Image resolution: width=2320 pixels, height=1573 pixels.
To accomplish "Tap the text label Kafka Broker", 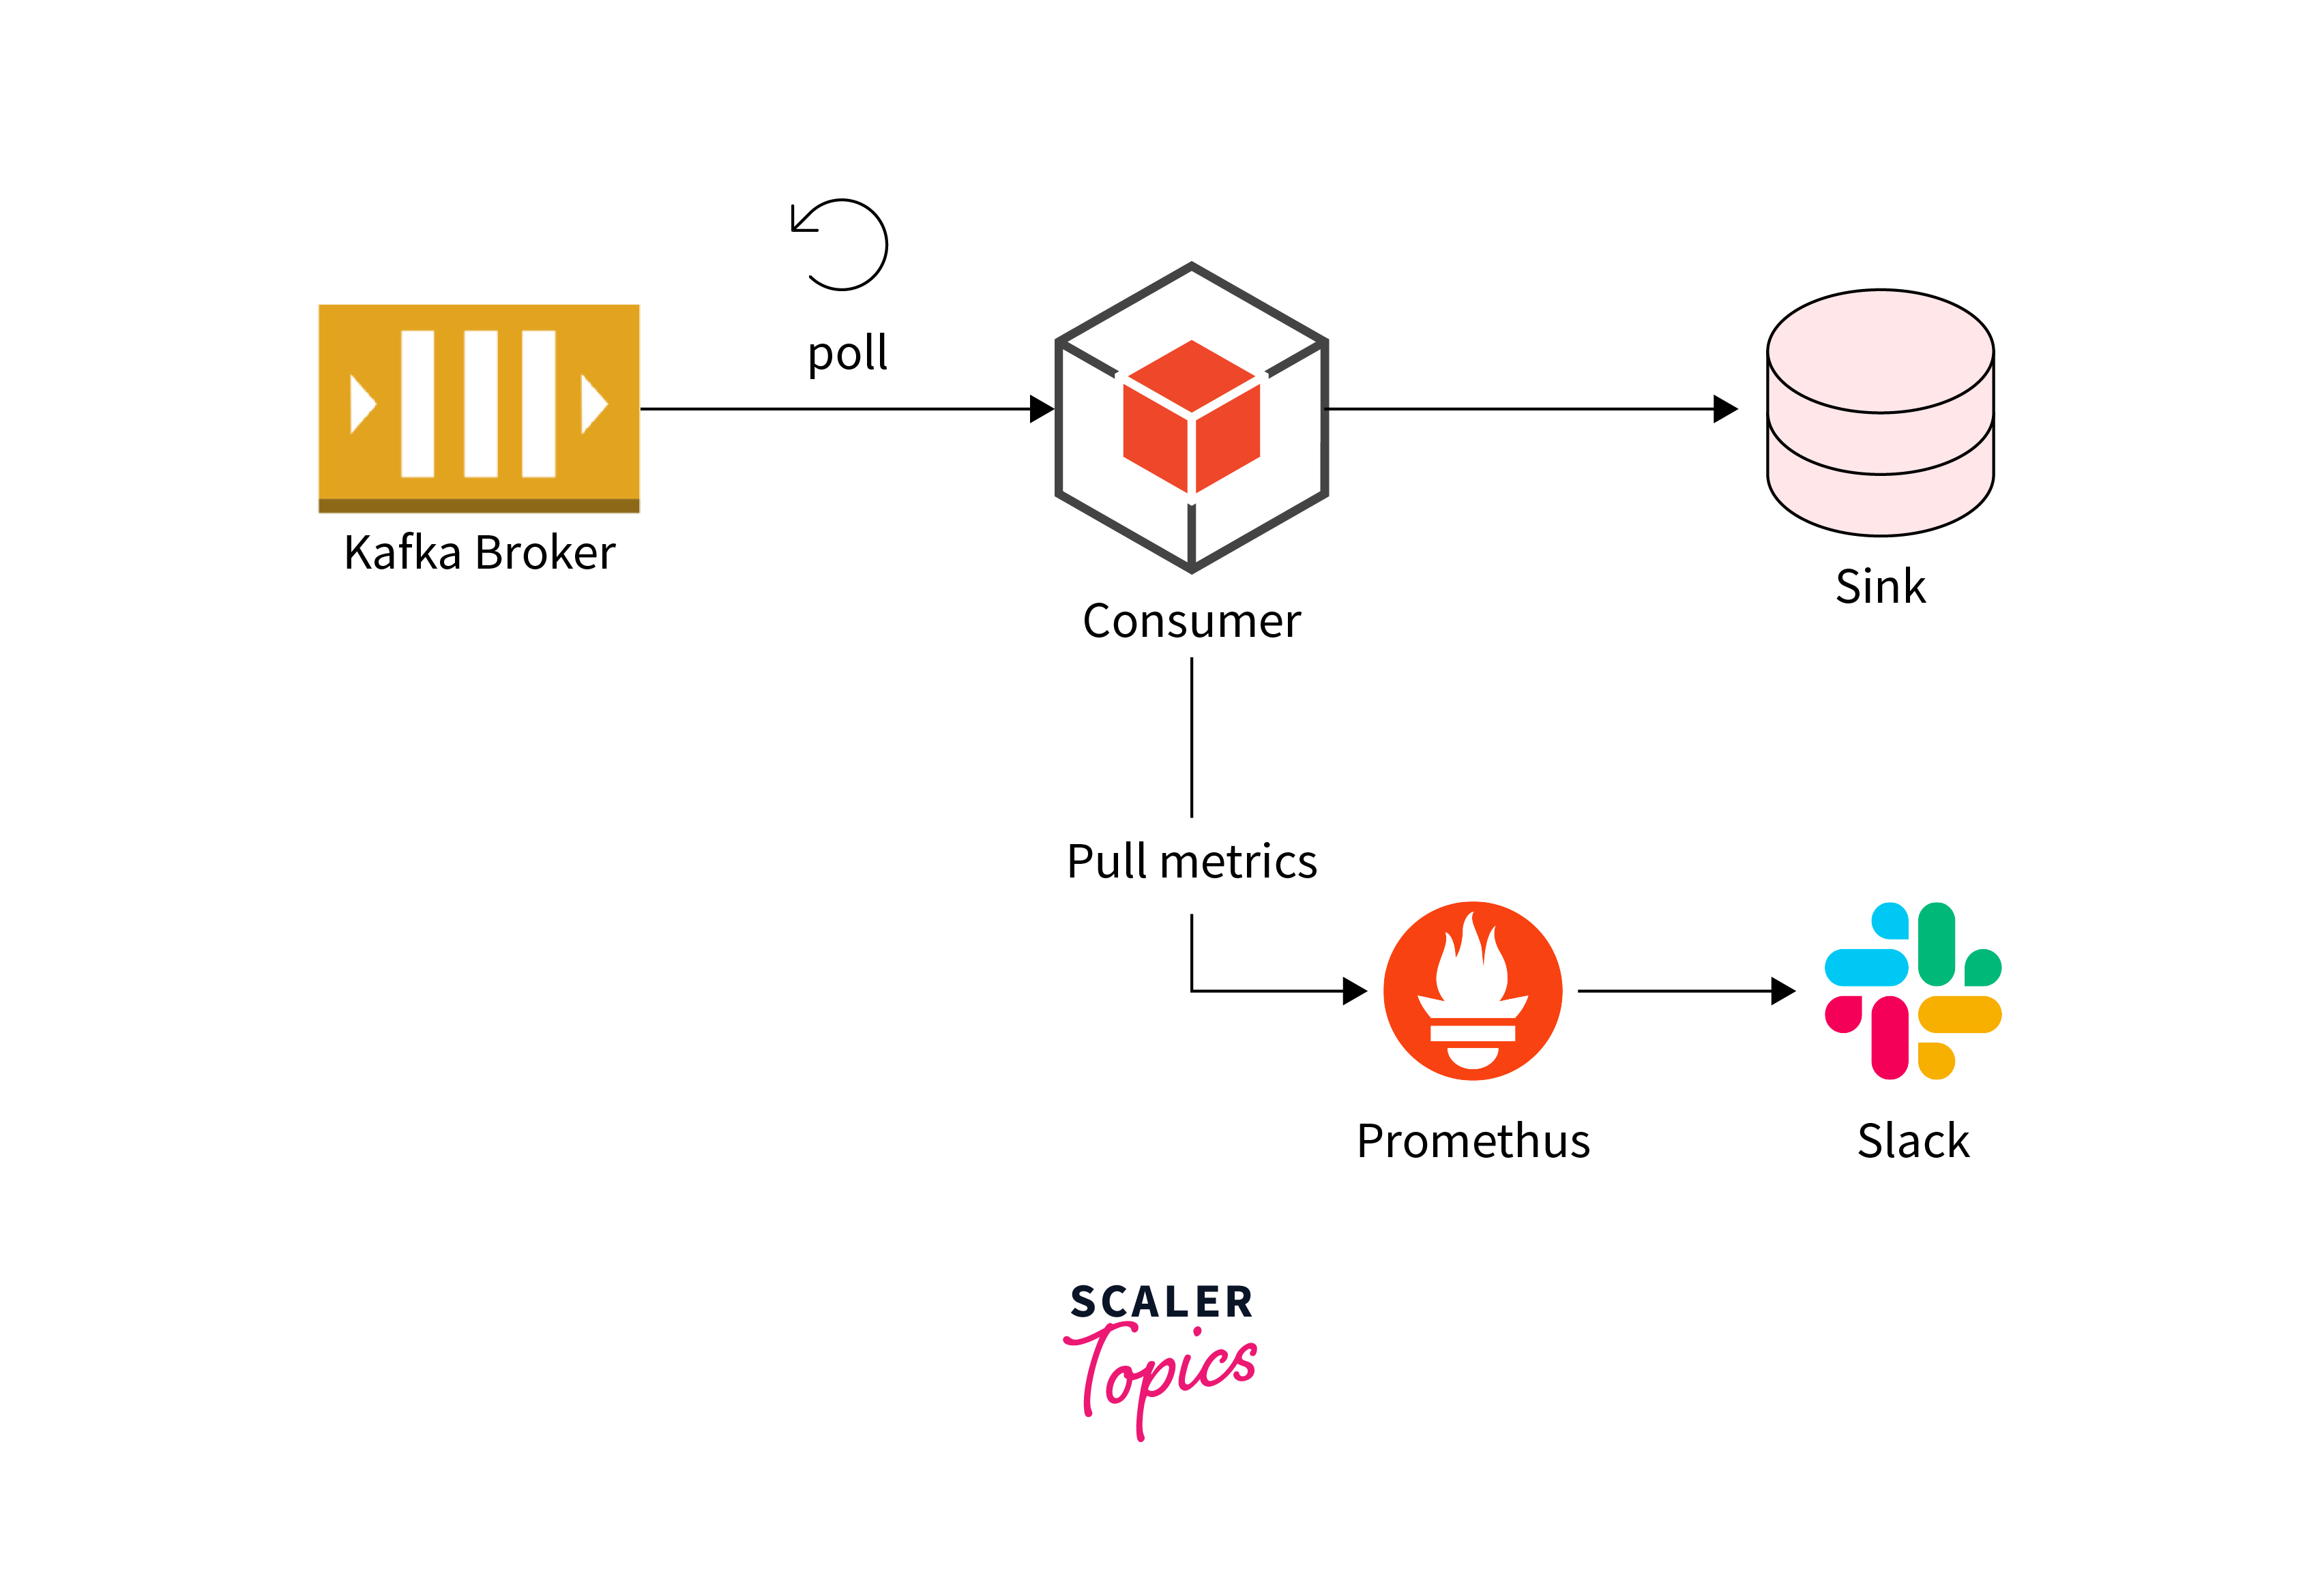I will coord(478,552).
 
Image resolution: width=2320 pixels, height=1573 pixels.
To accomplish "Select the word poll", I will coord(847,353).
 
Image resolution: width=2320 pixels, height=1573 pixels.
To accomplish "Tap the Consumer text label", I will coord(1191,621).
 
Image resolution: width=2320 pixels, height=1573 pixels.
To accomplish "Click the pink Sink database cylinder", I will coord(1880,413).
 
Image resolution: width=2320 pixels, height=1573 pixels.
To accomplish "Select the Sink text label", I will coord(1880,586).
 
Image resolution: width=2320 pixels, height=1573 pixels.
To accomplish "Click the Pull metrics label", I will coord(1191,861).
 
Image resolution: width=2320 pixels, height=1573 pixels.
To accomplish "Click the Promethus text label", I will coord(1473,1141).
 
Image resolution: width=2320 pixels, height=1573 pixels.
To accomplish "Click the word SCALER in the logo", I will coord(1161,1302).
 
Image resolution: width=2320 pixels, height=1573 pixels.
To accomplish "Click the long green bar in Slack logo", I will coord(1936,943).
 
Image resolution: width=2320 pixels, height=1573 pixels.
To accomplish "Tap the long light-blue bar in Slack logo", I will coord(1866,967).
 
